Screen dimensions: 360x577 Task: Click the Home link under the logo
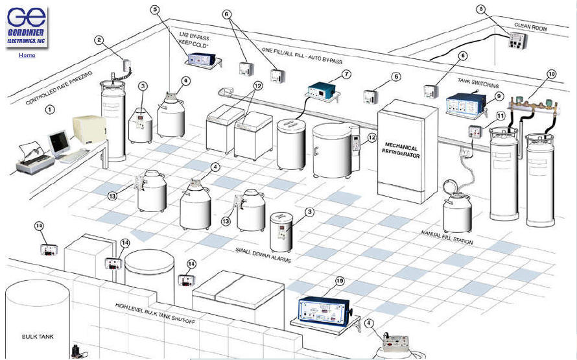(x=27, y=55)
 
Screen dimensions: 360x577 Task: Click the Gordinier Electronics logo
(x=27, y=27)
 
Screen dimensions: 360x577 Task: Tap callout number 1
(x=49, y=110)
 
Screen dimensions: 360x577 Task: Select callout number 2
(x=99, y=40)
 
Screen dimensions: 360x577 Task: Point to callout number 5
(x=155, y=9)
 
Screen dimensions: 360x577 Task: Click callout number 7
(x=347, y=74)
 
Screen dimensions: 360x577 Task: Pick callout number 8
(x=480, y=9)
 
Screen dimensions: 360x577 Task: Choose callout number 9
(x=499, y=95)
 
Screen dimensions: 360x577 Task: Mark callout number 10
(x=551, y=74)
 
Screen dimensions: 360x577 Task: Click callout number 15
(x=339, y=281)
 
